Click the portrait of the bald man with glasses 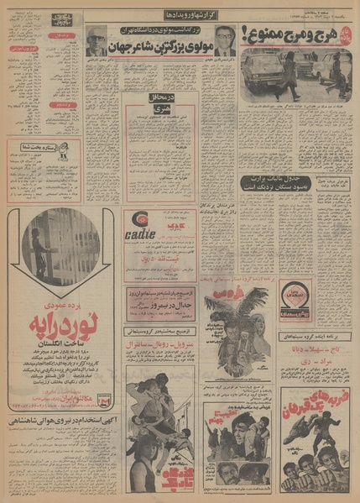click(93, 38)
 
